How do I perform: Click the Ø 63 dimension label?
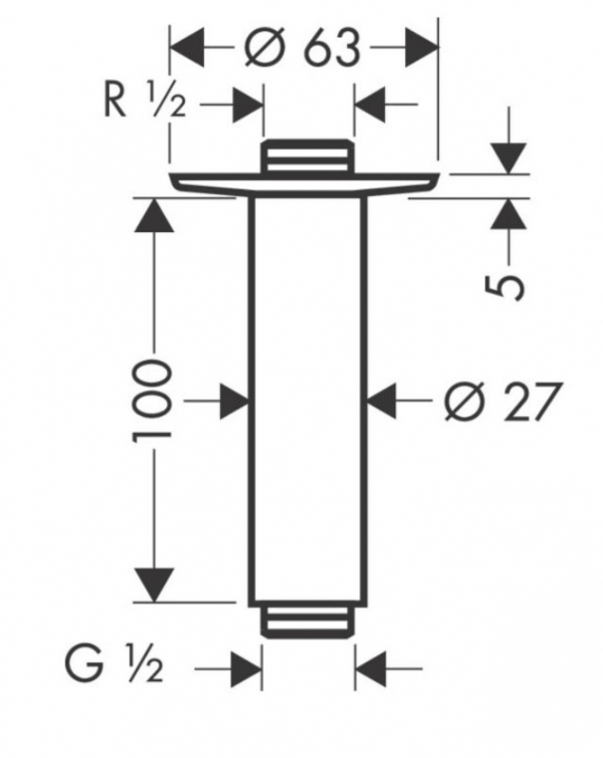(x=302, y=47)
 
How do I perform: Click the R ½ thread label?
(x=145, y=101)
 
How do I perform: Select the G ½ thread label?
(x=114, y=667)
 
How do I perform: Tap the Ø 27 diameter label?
(x=503, y=401)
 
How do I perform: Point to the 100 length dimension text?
(x=152, y=400)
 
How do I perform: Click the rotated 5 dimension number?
(x=504, y=288)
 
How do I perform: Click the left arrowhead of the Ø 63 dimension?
(x=188, y=47)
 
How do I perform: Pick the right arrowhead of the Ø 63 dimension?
(x=422, y=47)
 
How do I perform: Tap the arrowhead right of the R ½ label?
(x=248, y=104)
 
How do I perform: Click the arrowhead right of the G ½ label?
(x=247, y=669)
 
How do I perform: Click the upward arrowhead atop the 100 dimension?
(x=155, y=215)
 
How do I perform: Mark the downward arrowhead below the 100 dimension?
(x=155, y=585)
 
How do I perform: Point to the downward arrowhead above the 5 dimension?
(x=508, y=158)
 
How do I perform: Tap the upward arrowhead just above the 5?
(x=508, y=214)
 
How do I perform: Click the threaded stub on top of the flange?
(x=305, y=155)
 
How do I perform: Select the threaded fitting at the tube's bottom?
(x=305, y=623)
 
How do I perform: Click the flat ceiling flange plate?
(x=304, y=184)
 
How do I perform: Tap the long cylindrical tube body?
(x=307, y=401)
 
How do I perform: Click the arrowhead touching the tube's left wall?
(x=234, y=401)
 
